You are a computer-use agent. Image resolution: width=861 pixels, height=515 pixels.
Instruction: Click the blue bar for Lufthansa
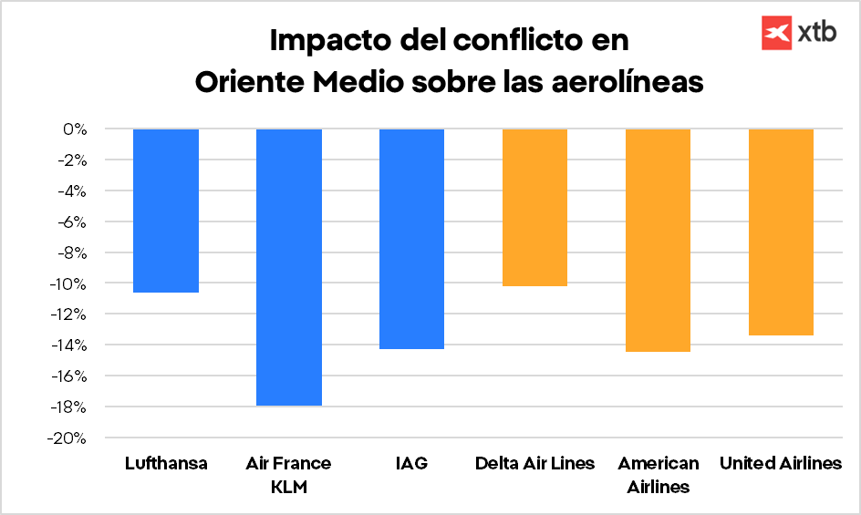tap(166, 211)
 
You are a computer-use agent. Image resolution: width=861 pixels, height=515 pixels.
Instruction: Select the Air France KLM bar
tap(288, 267)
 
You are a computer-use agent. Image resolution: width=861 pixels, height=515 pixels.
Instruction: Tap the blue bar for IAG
tap(411, 239)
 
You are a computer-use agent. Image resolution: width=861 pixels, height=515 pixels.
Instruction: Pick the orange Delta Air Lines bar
tap(534, 208)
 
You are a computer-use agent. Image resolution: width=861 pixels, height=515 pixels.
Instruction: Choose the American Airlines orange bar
tap(658, 240)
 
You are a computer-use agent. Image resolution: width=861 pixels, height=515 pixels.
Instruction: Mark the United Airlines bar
tap(781, 232)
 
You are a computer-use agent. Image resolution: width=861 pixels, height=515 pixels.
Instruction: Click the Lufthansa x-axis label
tap(166, 464)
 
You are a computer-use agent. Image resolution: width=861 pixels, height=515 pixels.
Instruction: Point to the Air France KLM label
tap(288, 475)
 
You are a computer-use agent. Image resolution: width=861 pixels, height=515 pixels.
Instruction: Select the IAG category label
tap(411, 464)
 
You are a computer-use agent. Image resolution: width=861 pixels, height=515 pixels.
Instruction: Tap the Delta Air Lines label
tap(534, 464)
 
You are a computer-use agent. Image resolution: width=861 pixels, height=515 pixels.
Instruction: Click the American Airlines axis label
tap(658, 475)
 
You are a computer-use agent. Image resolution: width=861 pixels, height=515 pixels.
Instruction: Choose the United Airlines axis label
tap(781, 464)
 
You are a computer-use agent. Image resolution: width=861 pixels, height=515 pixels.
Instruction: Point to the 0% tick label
tap(75, 129)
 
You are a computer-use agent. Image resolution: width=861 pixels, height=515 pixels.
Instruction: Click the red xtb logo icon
tap(776, 33)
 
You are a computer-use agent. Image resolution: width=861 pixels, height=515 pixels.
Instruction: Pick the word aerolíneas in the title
tap(629, 81)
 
